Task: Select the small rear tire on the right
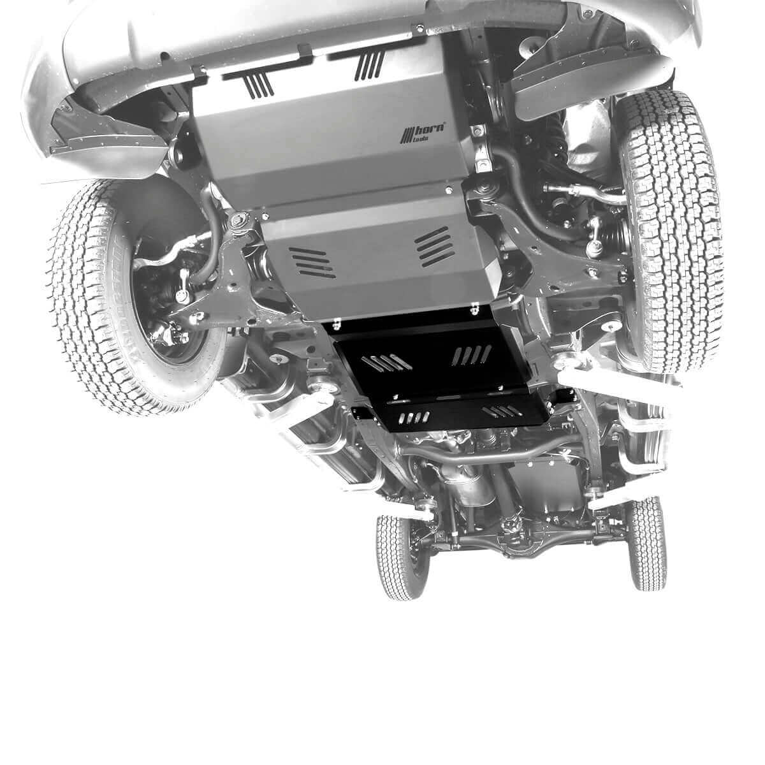[x=647, y=542]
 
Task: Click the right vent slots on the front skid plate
[x=370, y=65]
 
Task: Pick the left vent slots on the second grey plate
[x=312, y=261]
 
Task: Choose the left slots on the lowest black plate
[x=412, y=418]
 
